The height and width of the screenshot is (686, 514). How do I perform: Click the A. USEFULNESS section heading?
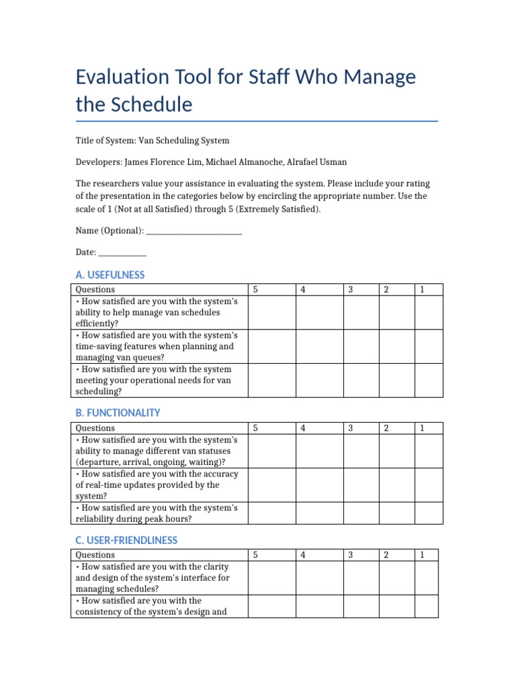coord(110,275)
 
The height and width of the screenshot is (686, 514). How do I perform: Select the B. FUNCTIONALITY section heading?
coord(118,413)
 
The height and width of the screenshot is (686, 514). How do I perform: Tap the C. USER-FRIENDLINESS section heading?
coord(126,540)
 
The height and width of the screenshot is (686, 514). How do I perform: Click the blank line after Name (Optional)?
coord(194,231)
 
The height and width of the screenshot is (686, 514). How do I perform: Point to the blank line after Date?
coord(122,253)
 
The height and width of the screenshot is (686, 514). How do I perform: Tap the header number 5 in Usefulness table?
coord(255,289)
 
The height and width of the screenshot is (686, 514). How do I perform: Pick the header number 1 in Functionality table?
coord(422,428)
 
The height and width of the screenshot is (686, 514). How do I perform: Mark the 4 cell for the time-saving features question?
coord(320,346)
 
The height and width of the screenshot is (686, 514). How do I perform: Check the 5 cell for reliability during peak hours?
coord(271,512)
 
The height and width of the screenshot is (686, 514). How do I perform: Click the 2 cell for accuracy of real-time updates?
coord(397,484)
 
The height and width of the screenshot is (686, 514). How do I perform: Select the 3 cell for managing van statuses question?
coord(361,451)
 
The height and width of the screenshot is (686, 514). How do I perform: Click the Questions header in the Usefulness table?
coord(95,289)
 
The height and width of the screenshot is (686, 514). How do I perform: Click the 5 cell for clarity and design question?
coord(271,577)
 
